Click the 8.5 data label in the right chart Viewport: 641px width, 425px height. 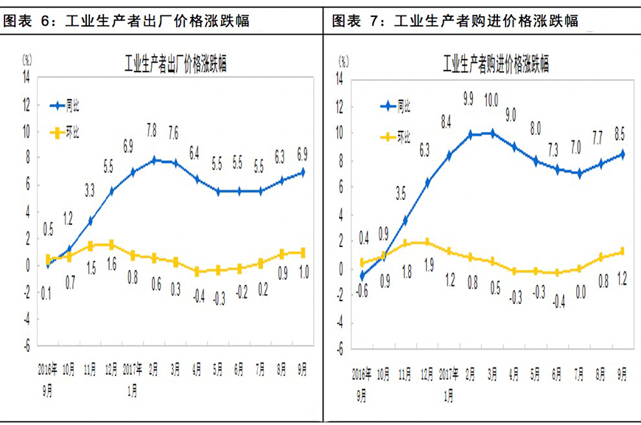(x=622, y=134)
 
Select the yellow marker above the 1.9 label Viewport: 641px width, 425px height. (x=427, y=242)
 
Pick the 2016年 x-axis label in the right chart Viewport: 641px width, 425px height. (x=362, y=374)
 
